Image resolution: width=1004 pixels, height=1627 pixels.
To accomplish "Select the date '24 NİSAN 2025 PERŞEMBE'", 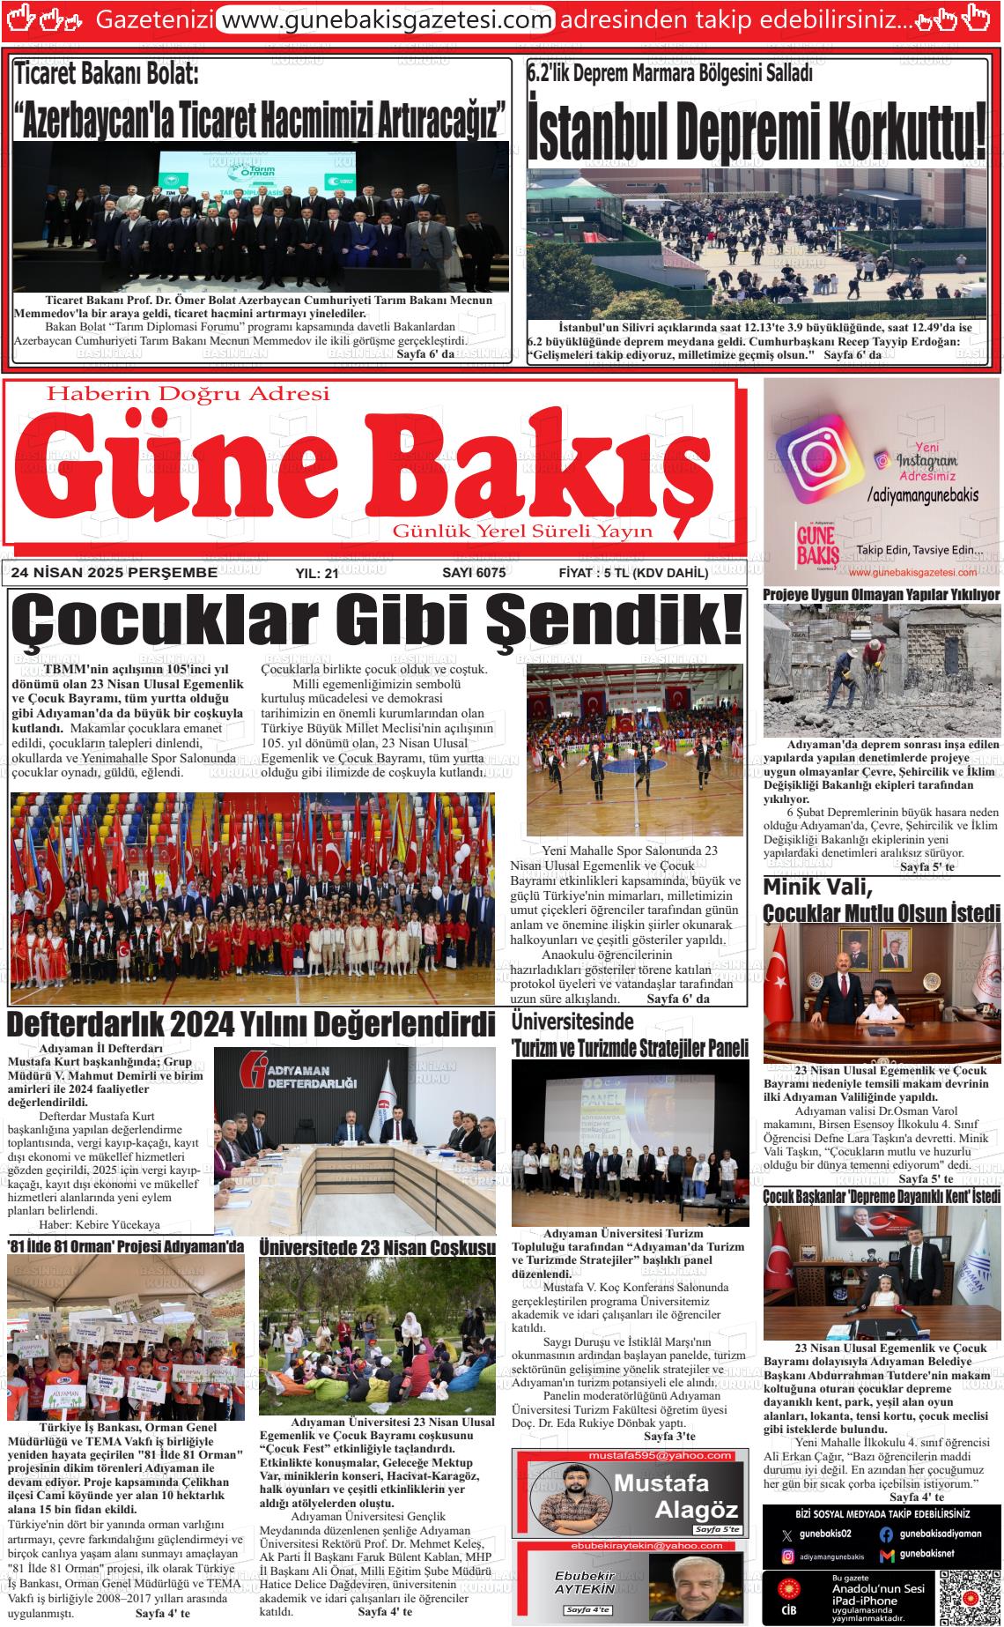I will (114, 573).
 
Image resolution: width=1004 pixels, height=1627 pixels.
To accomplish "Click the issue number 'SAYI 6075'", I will (474, 573).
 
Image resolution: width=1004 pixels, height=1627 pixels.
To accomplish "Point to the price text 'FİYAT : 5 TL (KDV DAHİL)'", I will (633, 573).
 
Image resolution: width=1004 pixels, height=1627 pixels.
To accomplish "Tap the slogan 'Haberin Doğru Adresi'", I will (188, 393).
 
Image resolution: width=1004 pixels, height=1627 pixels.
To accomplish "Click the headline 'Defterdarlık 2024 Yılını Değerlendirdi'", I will (251, 1025).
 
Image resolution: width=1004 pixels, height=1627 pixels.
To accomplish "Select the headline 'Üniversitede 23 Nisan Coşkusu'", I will (378, 1248).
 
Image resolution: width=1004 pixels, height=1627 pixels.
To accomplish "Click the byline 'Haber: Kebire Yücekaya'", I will (100, 1225).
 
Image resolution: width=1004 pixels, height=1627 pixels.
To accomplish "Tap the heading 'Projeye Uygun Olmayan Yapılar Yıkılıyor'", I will (881, 595).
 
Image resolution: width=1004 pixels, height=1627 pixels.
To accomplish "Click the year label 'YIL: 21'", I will (317, 574).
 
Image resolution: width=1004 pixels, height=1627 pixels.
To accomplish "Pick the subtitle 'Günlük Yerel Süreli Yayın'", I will (523, 531).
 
